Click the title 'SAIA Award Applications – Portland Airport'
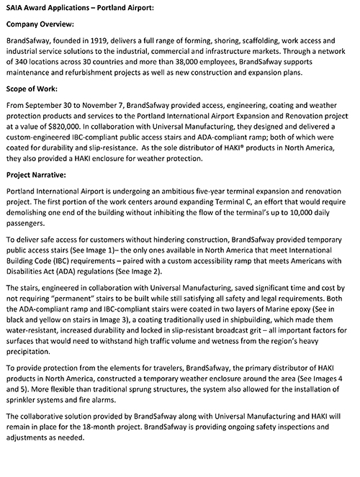point(81,6)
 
